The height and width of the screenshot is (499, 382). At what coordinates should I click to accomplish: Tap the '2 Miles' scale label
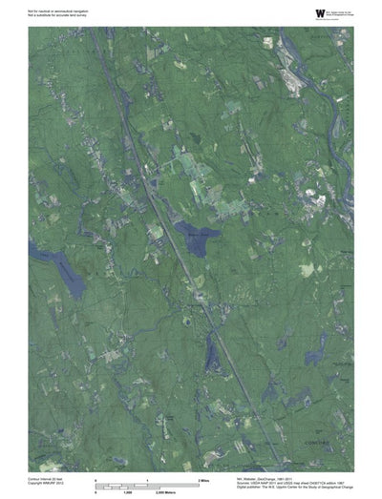pyautogui.click(x=203, y=478)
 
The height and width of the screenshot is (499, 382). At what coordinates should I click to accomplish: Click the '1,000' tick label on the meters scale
pyautogui.click(x=147, y=492)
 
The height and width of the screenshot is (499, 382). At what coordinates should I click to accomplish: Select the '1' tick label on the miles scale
pyautogui.click(x=147, y=478)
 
